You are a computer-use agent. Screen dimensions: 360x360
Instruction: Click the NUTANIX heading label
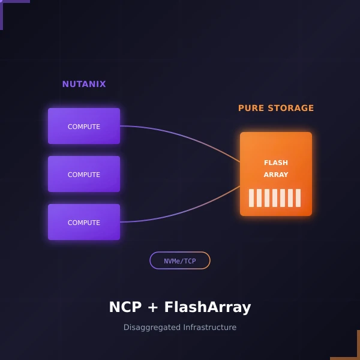click(x=84, y=84)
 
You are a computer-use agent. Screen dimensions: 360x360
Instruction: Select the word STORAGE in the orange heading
click(x=290, y=108)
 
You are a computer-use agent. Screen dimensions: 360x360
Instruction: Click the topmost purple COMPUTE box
click(x=84, y=126)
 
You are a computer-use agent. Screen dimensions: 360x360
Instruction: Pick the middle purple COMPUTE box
click(x=84, y=174)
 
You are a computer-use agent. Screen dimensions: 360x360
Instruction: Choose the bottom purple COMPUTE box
click(x=84, y=222)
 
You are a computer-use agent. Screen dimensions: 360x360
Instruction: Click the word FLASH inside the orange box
click(x=276, y=163)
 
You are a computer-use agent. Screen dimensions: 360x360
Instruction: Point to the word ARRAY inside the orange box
click(x=276, y=175)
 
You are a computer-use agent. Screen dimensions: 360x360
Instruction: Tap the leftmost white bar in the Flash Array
click(x=251, y=198)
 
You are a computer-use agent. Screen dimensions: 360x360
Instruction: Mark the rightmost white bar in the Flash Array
click(x=298, y=198)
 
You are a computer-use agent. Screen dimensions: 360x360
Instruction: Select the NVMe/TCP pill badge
click(x=180, y=260)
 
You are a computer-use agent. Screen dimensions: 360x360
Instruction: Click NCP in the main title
click(x=125, y=307)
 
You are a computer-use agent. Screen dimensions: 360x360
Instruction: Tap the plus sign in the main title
click(x=153, y=308)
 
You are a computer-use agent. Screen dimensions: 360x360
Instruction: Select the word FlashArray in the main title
click(x=208, y=307)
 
